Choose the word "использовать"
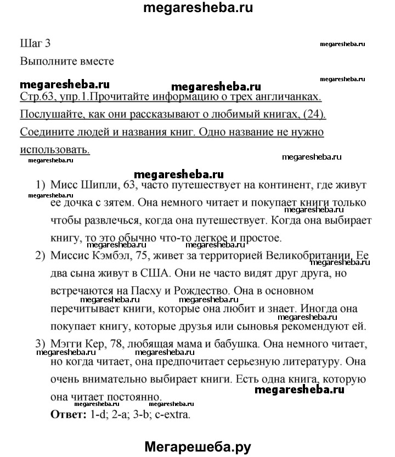(54, 149)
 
